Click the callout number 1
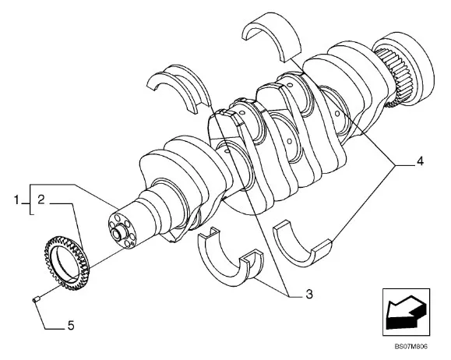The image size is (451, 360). coord(16,199)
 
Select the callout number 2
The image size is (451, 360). coord(41,199)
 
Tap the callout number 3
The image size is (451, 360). coord(309,294)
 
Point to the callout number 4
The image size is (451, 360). coord(420,161)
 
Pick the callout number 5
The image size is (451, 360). coord(71,326)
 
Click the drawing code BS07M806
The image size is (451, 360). coord(410,346)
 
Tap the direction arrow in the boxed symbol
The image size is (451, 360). coord(405,312)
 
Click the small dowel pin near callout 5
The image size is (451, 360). coord(36,299)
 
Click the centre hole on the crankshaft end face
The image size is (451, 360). coord(118,233)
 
